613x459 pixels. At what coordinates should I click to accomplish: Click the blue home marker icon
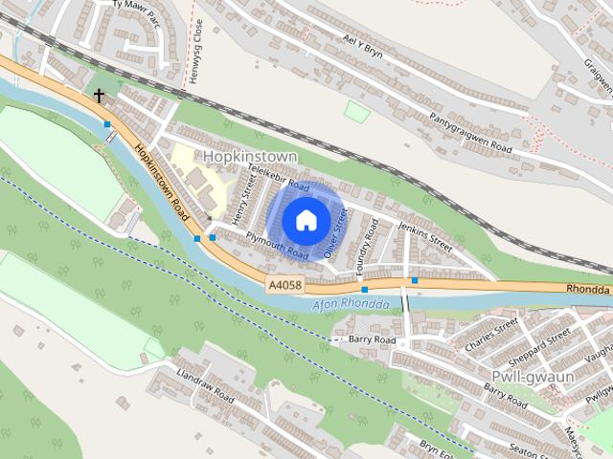305,220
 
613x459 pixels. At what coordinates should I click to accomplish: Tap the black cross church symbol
99,96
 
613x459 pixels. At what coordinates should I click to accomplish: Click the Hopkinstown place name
250,156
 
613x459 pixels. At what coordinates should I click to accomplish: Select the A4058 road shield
284,285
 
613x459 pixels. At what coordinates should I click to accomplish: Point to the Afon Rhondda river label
351,305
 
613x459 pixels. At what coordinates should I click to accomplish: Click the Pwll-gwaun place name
532,377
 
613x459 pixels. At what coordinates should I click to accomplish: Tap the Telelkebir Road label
278,178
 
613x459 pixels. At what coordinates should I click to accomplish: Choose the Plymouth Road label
277,246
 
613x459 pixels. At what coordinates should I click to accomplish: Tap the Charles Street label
490,336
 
